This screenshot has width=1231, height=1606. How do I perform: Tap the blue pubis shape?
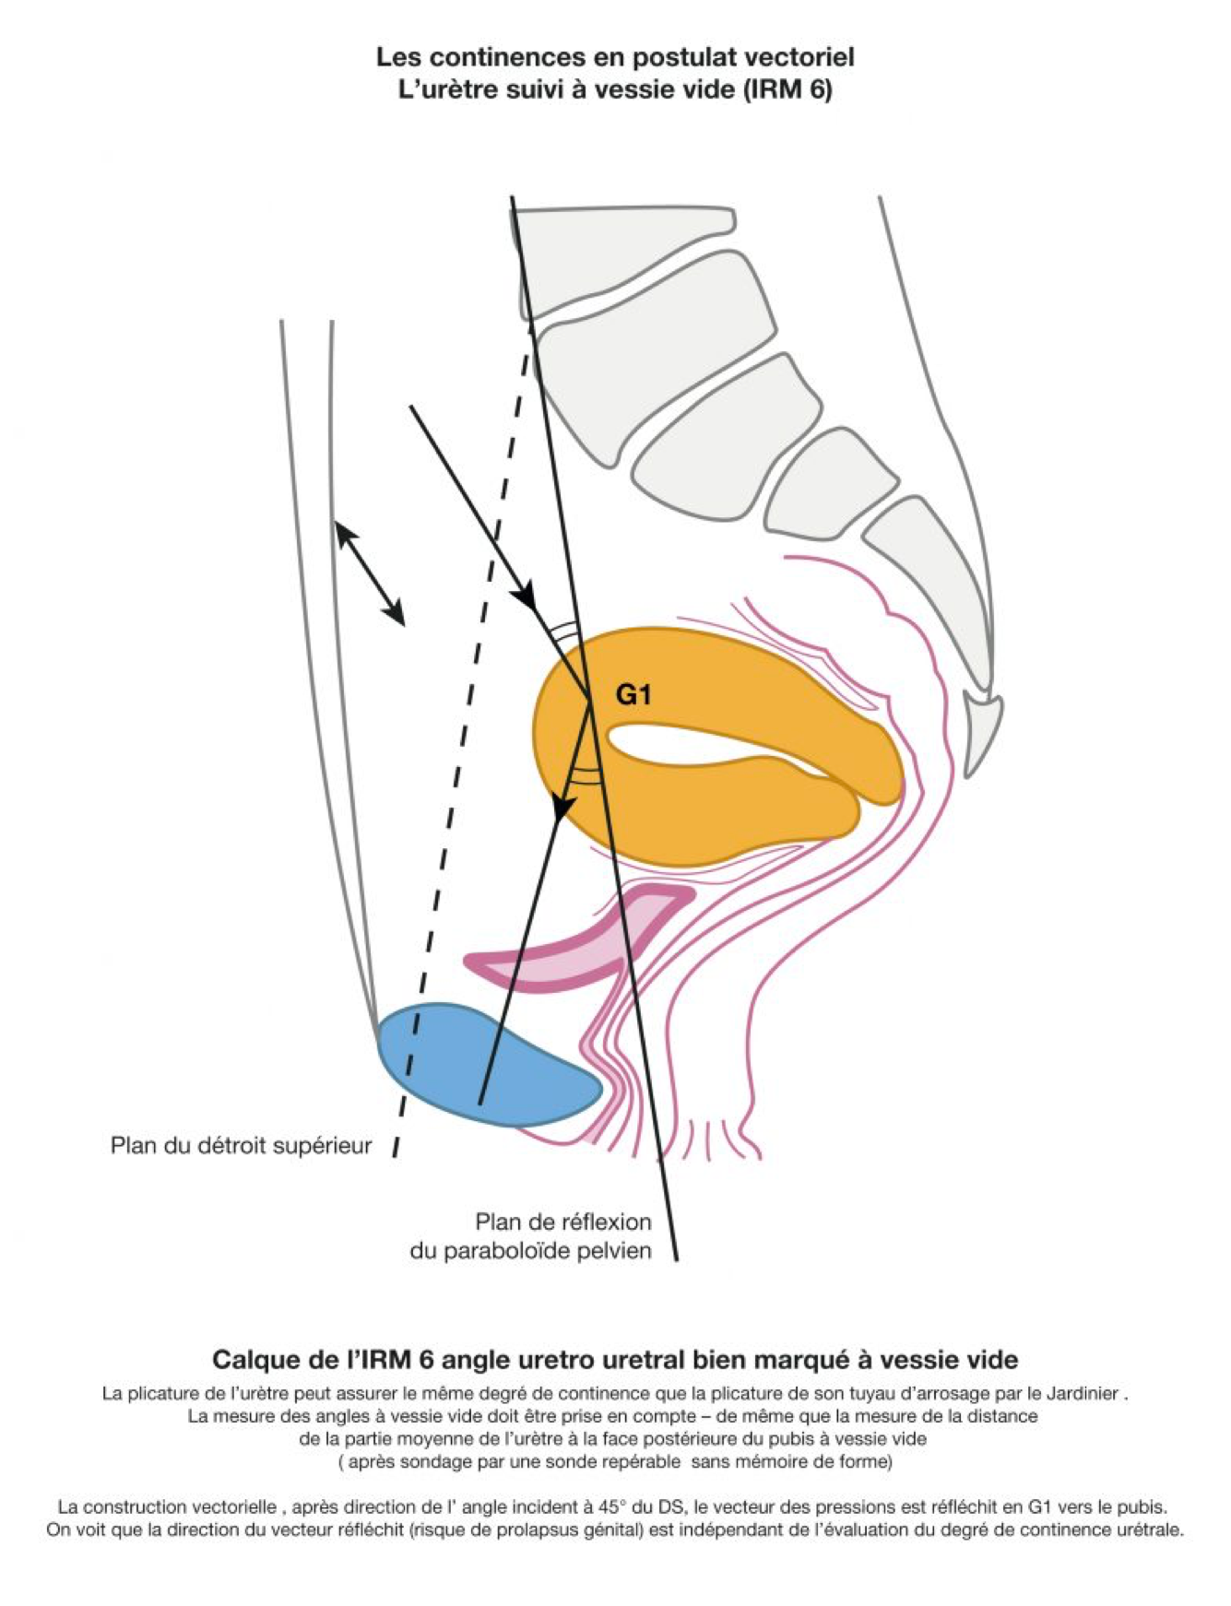(x=479, y=1065)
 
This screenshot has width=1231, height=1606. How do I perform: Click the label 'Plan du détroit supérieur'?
(x=241, y=1145)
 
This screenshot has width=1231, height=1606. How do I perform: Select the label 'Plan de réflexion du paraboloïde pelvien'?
(x=531, y=1236)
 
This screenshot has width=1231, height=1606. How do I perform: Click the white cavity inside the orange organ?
(x=701, y=743)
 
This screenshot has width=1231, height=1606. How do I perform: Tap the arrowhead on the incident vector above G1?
(x=527, y=596)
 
